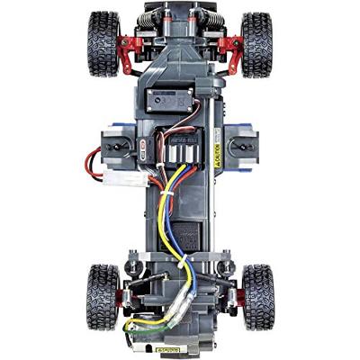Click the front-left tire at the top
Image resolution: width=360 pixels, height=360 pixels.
coord(104,45)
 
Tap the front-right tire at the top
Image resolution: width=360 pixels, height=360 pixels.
coord(256,45)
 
